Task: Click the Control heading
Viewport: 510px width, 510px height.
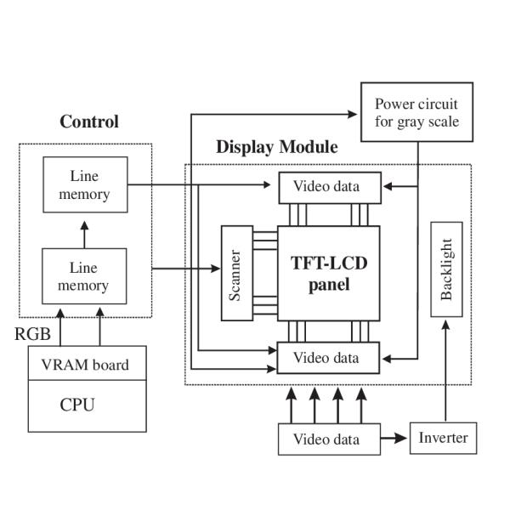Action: pyautogui.click(x=89, y=122)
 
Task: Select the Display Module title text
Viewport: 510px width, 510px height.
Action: pyautogui.click(x=276, y=147)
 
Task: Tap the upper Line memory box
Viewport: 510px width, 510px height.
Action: pyautogui.click(x=85, y=184)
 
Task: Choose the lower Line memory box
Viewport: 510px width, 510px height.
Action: pyautogui.click(x=85, y=276)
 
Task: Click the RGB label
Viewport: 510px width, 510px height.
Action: pyautogui.click(x=32, y=334)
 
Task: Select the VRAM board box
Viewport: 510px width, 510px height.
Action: pyautogui.click(x=85, y=365)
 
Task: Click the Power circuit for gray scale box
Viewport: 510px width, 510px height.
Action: pyautogui.click(x=416, y=111)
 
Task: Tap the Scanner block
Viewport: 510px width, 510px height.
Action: pyautogui.click(x=237, y=272)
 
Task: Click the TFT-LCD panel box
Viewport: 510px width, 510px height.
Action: pyautogui.click(x=329, y=272)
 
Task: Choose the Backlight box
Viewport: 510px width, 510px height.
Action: pyautogui.click(x=447, y=269)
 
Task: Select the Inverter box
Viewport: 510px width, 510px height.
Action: pyautogui.click(x=444, y=439)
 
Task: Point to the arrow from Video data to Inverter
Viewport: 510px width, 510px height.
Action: pyautogui.click(x=394, y=439)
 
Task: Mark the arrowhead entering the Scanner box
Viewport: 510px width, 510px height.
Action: pyautogui.click(x=216, y=269)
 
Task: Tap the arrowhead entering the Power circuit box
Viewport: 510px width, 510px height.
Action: pyautogui.click(x=356, y=113)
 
